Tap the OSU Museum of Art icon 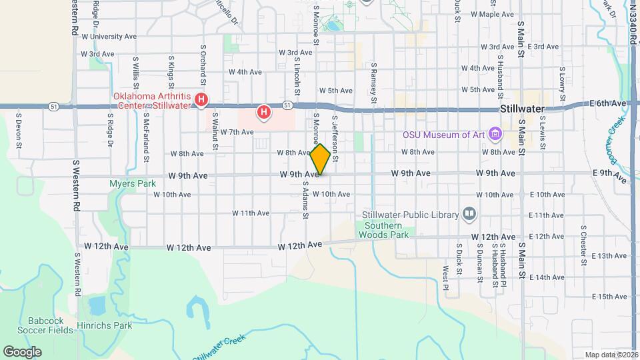coord(495,135)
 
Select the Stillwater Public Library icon coord(469,214)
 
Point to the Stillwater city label coord(522,109)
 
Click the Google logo coord(22,351)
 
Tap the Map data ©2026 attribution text coord(611,355)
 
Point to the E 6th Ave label coord(608,103)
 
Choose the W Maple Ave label coord(493,14)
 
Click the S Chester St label coord(584,246)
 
